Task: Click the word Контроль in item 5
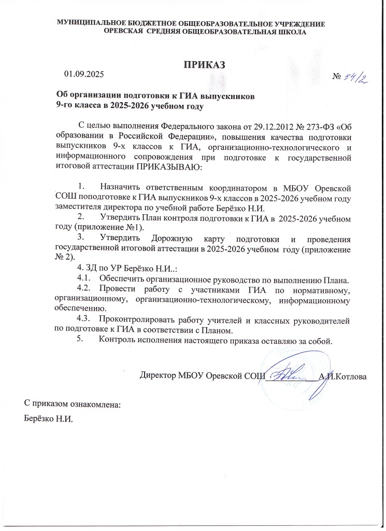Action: click(x=116, y=341)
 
